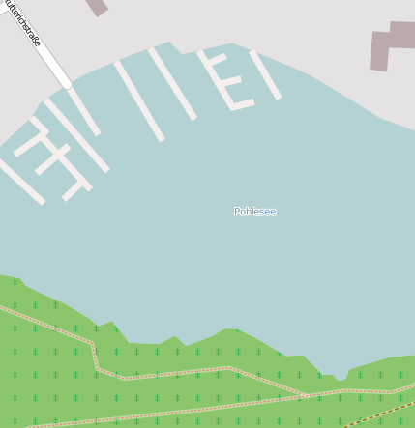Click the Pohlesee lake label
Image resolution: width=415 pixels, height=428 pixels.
254,211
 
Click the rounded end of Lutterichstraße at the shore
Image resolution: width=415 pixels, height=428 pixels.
66,84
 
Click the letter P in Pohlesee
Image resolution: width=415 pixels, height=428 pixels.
237,211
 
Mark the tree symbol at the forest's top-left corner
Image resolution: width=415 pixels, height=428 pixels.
15,283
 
